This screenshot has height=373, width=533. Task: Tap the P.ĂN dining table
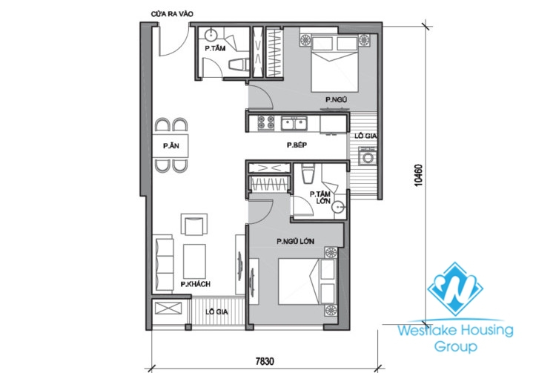point(171,145)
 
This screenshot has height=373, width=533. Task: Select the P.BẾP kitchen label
point(297,146)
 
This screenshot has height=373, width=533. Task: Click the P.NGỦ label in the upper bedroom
point(337,99)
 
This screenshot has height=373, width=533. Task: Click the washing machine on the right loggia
point(366,156)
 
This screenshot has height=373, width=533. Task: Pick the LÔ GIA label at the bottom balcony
point(218,311)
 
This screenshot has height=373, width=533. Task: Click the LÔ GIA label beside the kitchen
point(363,136)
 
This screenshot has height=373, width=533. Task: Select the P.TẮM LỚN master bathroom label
point(320,197)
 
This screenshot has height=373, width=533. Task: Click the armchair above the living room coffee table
point(195,225)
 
